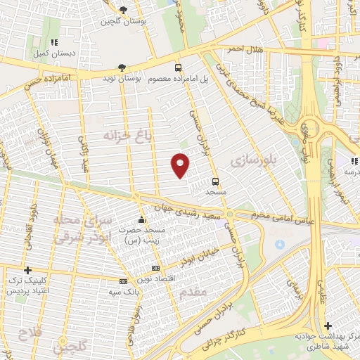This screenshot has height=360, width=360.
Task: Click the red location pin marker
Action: (x=181, y=165)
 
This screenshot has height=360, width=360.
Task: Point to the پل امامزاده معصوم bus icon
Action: (x=179, y=67)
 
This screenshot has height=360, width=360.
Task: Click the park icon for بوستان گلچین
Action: (x=123, y=9)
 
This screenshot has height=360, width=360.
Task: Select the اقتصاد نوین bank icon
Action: (x=155, y=268)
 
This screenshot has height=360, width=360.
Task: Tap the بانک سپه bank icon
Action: (x=124, y=282)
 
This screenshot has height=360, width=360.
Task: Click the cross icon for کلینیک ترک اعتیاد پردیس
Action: (x=28, y=270)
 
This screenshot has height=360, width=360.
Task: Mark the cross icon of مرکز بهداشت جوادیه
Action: (x=328, y=326)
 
